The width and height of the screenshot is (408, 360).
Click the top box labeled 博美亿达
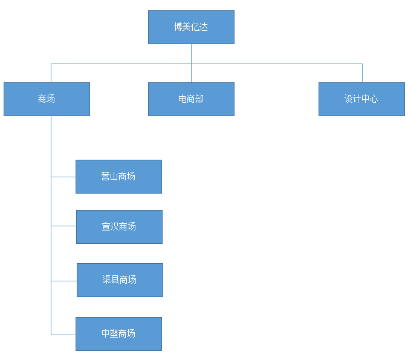coord(191,27)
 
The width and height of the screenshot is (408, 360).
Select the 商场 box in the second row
coord(47,99)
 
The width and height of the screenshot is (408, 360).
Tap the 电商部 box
coord(191,99)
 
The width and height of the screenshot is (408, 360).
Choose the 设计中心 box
coord(361,99)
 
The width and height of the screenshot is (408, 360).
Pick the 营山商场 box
coord(118,177)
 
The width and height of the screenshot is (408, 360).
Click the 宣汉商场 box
coord(119,227)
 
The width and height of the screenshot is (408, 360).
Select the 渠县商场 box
coord(120,280)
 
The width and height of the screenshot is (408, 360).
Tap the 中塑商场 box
coord(118,334)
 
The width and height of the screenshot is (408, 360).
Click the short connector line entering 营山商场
coord(63,177)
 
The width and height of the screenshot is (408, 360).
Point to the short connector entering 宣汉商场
coord(63,226)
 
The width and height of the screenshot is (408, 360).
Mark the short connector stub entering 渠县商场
coord(64,281)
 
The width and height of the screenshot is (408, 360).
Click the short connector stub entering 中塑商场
coord(63,334)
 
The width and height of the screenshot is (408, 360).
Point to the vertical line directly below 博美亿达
coord(191,53)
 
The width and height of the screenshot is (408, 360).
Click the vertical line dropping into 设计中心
coord(362,73)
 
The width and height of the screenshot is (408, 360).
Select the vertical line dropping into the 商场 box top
coord(51,73)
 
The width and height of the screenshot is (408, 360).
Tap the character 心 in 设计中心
coord(374,99)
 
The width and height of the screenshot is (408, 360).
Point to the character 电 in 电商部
coord(183,99)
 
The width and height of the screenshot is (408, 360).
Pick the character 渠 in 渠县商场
coord(107,280)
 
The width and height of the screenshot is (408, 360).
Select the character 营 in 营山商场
coord(106,177)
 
